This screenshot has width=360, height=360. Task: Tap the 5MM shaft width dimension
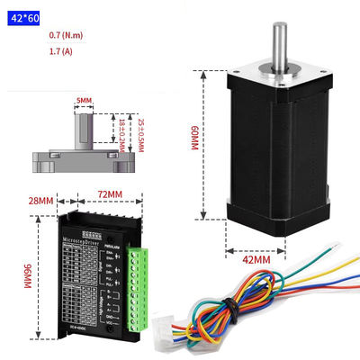tap(85, 100)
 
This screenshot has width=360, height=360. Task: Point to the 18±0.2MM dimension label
tap(123, 132)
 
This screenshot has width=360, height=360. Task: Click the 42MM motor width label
tap(256, 261)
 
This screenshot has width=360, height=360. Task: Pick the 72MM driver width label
tap(109, 193)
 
